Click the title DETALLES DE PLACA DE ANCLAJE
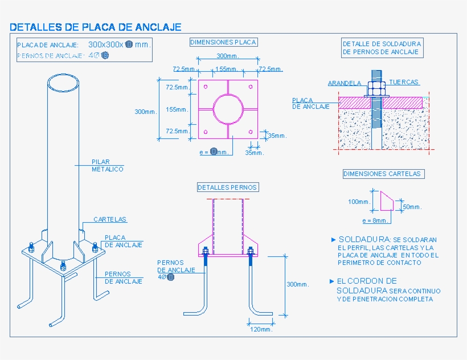coord(95,27)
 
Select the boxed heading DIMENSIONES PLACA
coord(223,42)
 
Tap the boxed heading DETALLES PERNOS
coord(227,187)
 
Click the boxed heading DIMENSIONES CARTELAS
coord(382,174)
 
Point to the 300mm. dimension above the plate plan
coord(228,56)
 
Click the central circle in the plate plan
coord(228,109)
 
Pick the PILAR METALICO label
coord(107,165)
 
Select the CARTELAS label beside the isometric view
coord(110,219)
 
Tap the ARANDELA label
coord(344,83)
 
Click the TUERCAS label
coord(404,82)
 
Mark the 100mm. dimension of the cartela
coord(359,202)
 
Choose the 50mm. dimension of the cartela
coord(413,207)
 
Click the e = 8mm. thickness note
coord(375,220)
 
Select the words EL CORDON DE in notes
coord(367,281)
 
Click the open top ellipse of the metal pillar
coord(64,83)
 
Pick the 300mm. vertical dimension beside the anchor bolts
coord(297,284)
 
